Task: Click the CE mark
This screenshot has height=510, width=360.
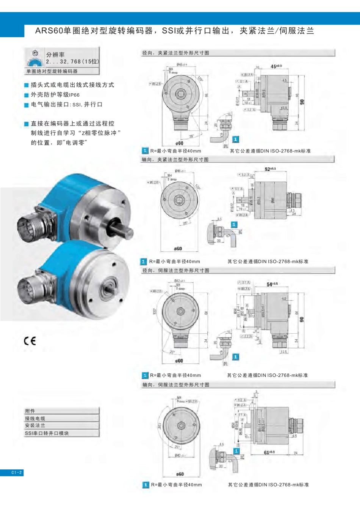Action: tap(30, 341)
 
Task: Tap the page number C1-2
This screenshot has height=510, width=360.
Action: tap(16, 472)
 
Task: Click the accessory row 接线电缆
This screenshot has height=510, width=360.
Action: tap(35, 418)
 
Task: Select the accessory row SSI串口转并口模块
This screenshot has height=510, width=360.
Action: tap(47, 433)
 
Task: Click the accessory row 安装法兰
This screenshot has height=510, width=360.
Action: tap(35, 425)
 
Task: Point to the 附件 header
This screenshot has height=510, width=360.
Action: tap(30, 411)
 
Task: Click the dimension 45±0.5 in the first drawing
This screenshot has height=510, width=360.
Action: tap(276, 66)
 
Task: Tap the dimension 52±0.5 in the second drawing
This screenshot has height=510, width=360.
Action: tap(270, 169)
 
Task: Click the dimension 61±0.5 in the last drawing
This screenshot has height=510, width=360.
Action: tap(269, 452)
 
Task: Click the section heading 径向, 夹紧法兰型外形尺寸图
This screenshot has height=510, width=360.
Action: tap(175, 53)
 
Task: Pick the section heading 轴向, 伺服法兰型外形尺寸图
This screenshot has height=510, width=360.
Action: tap(175, 384)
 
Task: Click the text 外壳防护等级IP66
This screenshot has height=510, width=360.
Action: tap(55, 95)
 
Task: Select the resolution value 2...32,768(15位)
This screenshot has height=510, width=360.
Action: tap(72, 61)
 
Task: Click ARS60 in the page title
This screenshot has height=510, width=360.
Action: tap(49, 31)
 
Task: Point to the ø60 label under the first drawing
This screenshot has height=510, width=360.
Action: tap(179, 143)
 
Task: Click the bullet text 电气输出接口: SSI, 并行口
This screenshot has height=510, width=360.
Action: tap(67, 105)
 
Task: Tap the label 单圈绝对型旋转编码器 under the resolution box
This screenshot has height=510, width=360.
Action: tap(52, 71)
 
